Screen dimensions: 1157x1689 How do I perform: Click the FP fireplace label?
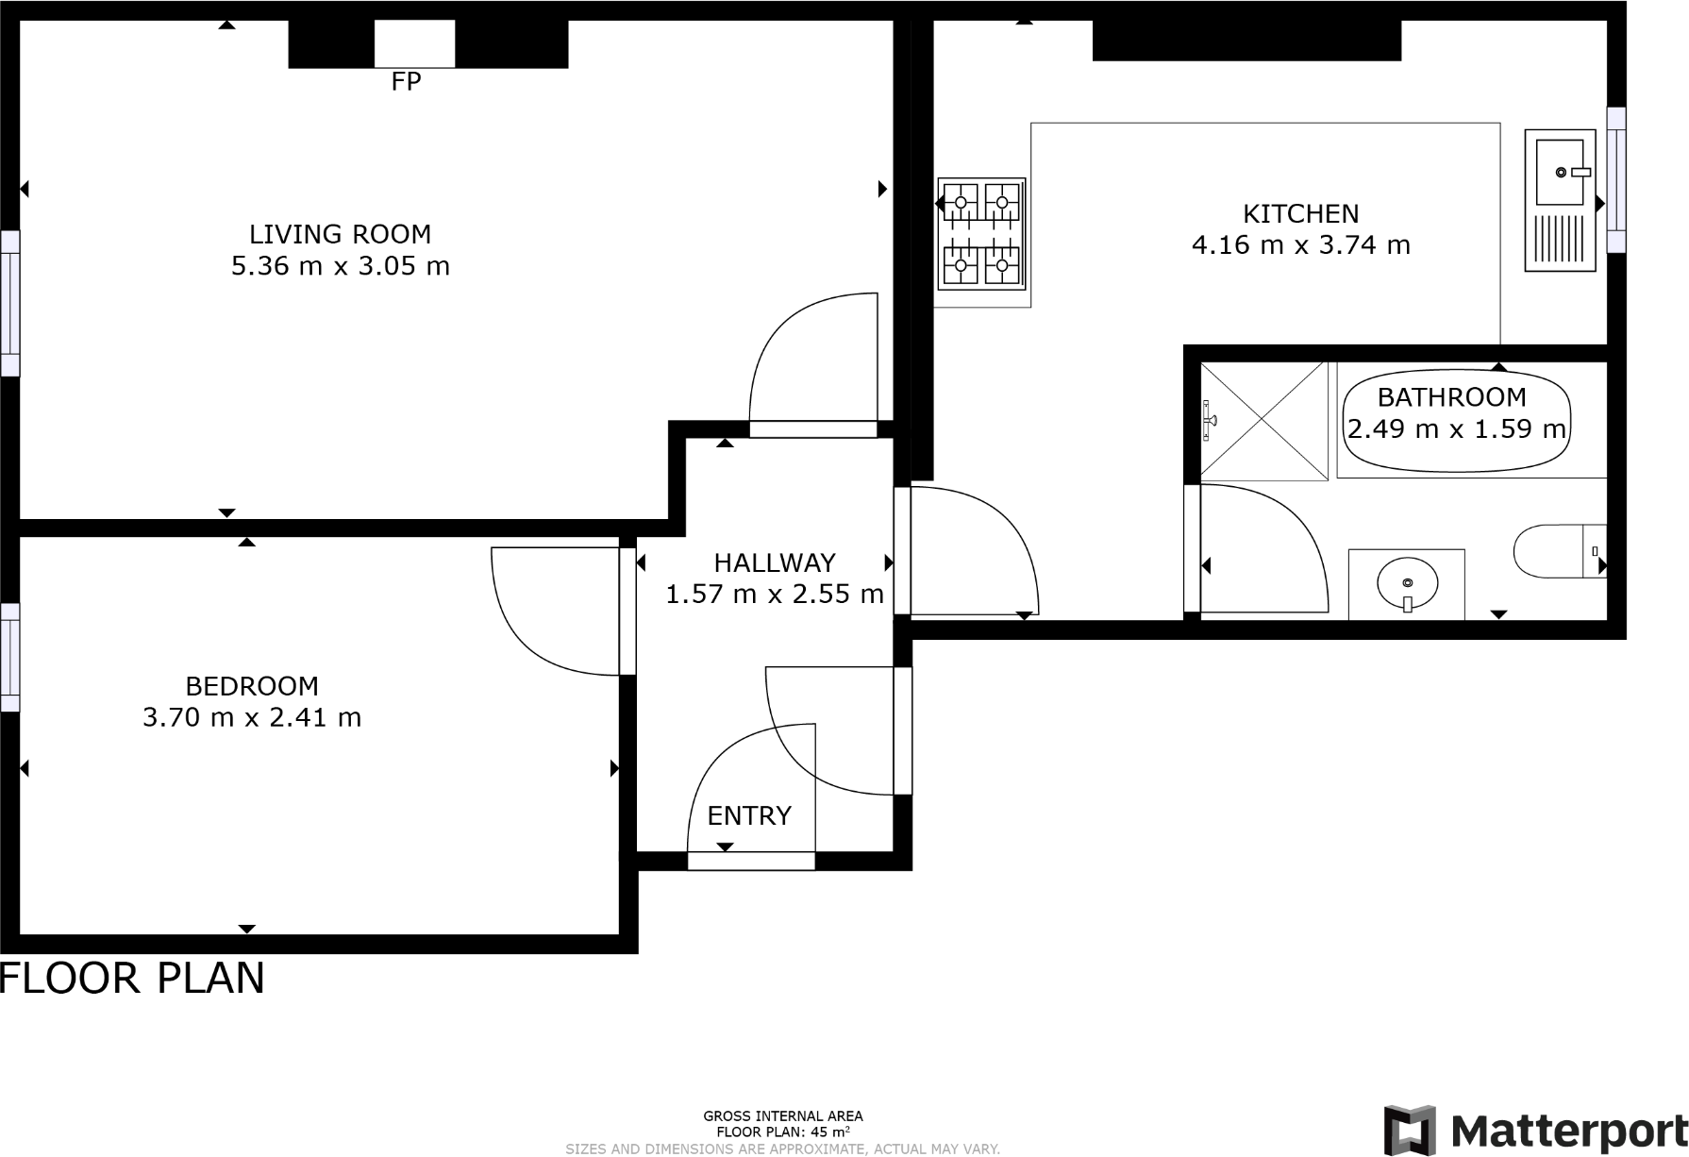point(406,82)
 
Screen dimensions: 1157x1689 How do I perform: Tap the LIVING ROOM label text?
point(340,234)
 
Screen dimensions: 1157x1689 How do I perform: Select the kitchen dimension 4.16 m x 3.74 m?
point(1300,245)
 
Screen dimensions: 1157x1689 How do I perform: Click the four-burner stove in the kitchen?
point(981,233)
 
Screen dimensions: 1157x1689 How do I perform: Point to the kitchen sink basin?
point(1559,172)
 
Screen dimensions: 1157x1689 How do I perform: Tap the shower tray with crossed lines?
point(1263,420)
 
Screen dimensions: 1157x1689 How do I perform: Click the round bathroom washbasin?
point(1407,582)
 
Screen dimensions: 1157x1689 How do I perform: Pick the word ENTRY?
point(749,815)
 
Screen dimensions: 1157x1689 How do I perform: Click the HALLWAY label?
point(775,562)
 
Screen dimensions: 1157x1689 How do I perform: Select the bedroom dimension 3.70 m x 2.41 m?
point(252,717)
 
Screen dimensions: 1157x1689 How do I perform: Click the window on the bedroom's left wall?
point(9,658)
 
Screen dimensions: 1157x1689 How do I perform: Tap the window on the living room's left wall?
point(9,303)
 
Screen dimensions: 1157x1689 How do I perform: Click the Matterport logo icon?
point(1410,1130)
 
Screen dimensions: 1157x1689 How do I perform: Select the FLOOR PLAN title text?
point(132,979)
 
